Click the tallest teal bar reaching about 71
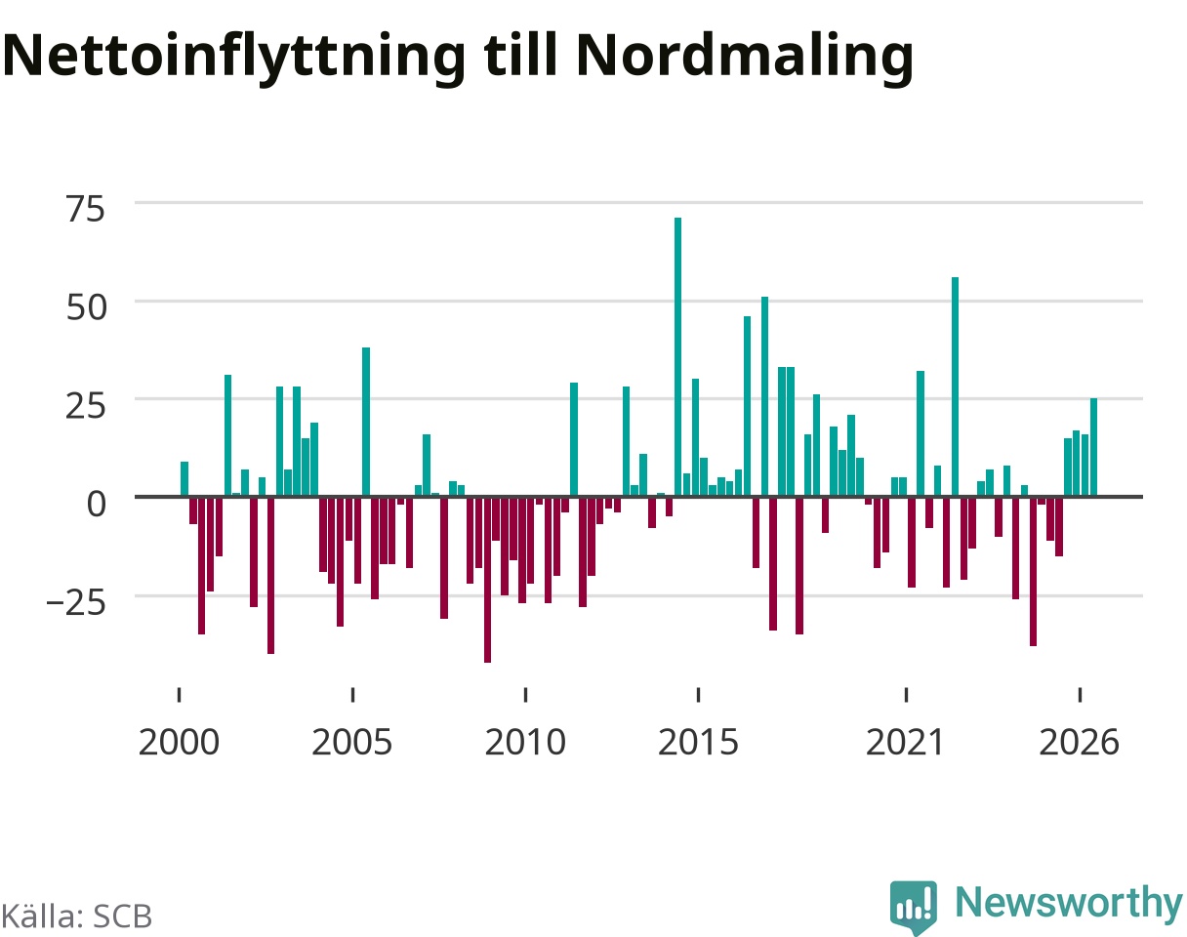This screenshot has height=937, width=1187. [x=677, y=357]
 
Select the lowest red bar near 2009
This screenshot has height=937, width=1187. [x=487, y=579]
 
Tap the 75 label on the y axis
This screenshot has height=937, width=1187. [x=85, y=210]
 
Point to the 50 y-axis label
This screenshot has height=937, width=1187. [x=85, y=307]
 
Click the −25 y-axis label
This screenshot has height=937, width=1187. [x=75, y=602]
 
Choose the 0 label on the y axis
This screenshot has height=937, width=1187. [x=96, y=504]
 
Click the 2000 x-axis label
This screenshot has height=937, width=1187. [x=179, y=743]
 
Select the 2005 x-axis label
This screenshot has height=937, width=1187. [x=352, y=743]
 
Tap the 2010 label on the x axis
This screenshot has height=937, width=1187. [x=525, y=743]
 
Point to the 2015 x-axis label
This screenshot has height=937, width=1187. [x=698, y=743]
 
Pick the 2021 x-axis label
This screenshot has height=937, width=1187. [x=905, y=743]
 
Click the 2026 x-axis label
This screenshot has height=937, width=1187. [x=1079, y=743]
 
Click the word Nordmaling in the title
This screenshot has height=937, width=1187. [x=745, y=58]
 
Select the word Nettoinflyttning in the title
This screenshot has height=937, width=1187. [x=234, y=58]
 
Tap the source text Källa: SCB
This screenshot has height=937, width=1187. [x=76, y=917]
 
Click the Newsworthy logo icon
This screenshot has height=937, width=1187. [x=913, y=907]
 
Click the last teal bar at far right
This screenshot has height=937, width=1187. [x=1093, y=447]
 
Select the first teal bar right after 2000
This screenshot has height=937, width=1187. [x=184, y=479]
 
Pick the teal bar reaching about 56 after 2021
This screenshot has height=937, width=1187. [x=955, y=387]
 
